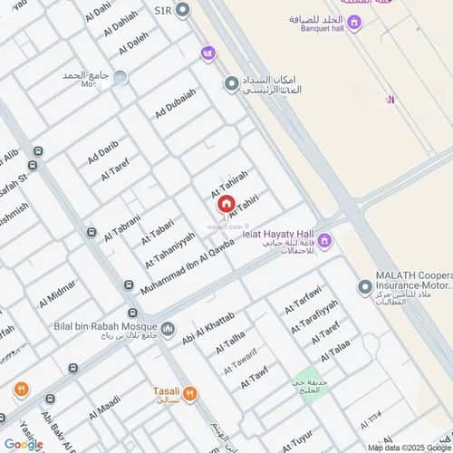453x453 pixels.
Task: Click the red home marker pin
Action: point(226,205)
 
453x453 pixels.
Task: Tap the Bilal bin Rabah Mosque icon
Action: point(168,327)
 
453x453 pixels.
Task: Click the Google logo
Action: point(23,443)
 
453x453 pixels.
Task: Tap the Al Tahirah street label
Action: point(228,181)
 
